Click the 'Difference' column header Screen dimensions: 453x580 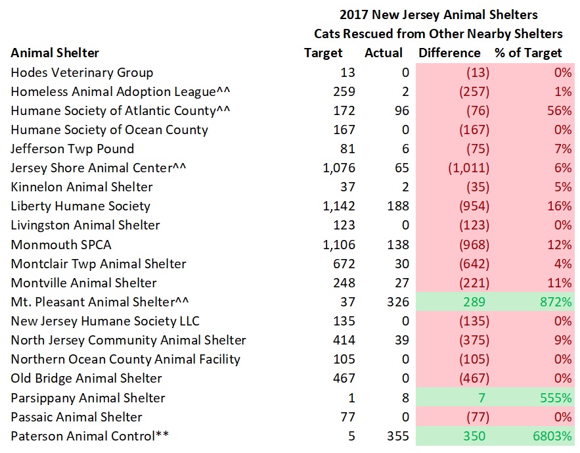[x=449, y=53]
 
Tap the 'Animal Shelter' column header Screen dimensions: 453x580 [x=55, y=53]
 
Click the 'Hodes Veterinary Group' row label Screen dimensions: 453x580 [x=81, y=72]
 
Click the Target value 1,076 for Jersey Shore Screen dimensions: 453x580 [x=339, y=168]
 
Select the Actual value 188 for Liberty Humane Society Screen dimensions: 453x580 [x=397, y=206]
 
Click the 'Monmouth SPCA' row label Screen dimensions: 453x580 [x=61, y=245]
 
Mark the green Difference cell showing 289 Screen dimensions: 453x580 [x=477, y=302]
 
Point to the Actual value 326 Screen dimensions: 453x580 [x=397, y=302]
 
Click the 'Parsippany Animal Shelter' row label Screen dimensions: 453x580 [x=88, y=398]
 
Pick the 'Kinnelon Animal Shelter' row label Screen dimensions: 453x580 [x=81, y=187]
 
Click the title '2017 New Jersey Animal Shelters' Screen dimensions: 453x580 [x=438, y=14]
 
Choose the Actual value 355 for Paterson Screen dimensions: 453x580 [x=397, y=436]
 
